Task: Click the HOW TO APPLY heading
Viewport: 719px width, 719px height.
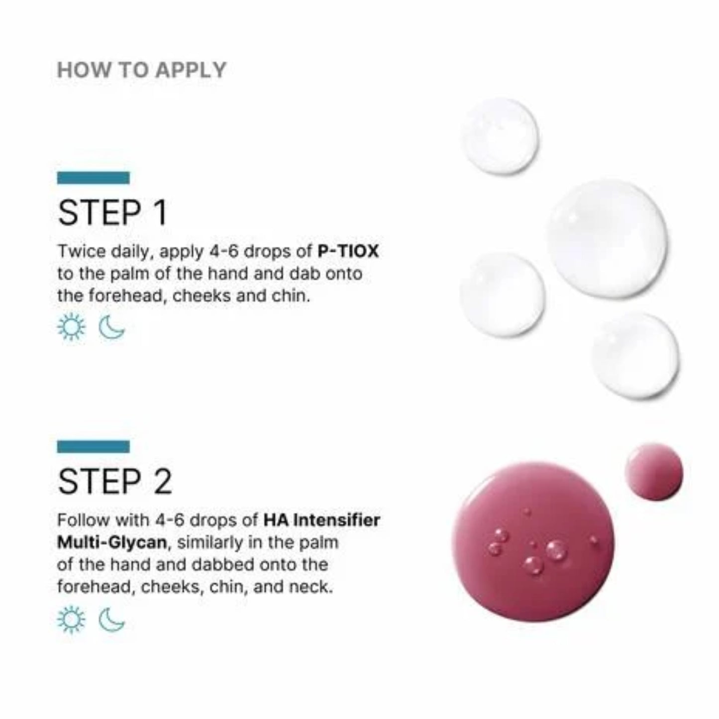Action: [142, 70]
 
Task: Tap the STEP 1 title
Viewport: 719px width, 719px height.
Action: [112, 213]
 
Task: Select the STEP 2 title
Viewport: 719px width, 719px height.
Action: [115, 482]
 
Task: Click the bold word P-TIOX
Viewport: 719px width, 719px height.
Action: [348, 251]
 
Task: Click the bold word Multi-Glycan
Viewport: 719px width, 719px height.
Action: [111, 542]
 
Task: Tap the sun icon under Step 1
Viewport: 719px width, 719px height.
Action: [71, 327]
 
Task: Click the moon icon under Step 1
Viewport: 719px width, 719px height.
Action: [112, 327]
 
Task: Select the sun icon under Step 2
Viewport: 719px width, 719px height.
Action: [71, 620]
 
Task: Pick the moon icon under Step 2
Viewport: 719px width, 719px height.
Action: [112, 620]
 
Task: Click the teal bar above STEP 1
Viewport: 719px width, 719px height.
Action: [93, 178]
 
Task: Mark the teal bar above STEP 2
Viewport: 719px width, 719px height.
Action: [93, 446]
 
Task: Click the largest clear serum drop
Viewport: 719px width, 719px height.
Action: [607, 239]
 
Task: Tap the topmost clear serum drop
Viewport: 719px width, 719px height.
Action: [500, 136]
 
